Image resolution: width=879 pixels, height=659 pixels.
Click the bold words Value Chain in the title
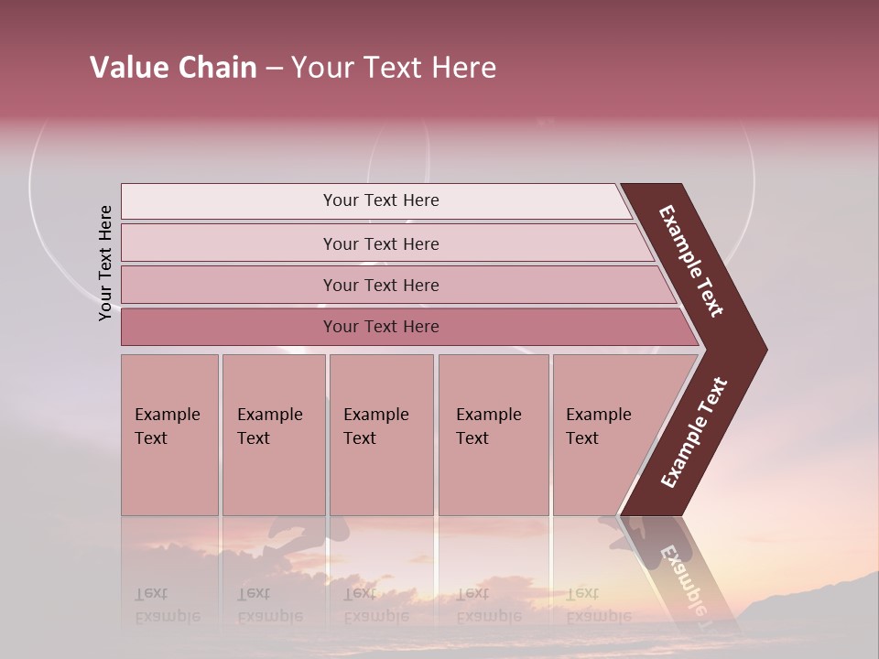173,68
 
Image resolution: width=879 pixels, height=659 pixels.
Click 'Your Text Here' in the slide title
394,68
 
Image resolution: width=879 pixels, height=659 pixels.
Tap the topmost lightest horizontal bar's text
381,200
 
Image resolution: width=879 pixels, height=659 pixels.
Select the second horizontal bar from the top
381,243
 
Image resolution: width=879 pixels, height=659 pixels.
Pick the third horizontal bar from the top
381,286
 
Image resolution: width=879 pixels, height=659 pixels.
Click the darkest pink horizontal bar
381,327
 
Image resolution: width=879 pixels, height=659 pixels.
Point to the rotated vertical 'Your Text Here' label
105,263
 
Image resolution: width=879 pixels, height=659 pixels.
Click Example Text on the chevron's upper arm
691,261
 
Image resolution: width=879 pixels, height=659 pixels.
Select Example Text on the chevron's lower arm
694,433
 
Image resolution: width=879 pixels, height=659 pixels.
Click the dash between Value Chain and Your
274,69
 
